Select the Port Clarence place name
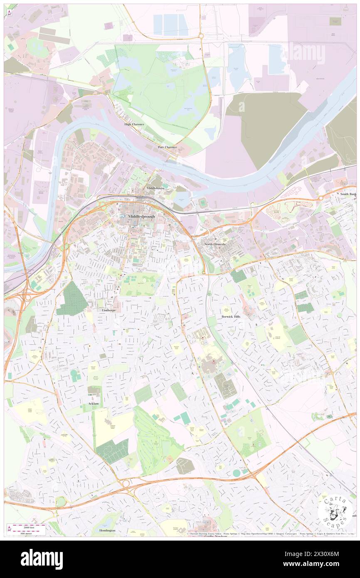(167, 147)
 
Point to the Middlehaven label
(155, 188)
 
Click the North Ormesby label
(215, 245)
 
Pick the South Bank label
(348, 194)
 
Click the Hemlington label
(107, 531)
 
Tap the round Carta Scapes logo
(335, 511)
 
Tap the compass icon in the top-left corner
(9, 13)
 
